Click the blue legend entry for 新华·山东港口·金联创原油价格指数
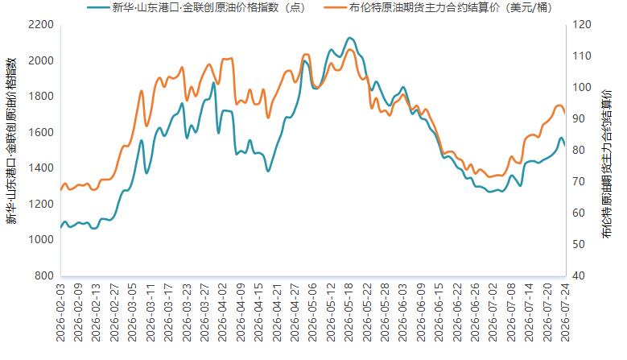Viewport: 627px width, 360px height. point(196,7)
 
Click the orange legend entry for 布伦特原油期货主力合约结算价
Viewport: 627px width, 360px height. point(438,7)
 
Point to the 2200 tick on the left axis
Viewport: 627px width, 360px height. point(41,25)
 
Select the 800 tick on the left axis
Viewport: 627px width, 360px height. point(44,275)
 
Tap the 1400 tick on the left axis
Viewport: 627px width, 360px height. point(41,168)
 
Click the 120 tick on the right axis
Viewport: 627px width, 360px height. point(582,25)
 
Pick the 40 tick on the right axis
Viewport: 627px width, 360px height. point(579,275)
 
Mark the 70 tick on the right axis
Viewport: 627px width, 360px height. point(579,181)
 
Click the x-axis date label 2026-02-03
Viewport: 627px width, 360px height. point(60,312)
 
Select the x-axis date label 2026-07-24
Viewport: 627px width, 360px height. point(565,312)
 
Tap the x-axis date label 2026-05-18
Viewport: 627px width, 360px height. point(349,312)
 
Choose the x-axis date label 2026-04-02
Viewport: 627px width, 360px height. point(223,312)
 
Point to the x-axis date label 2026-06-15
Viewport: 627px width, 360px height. point(439,312)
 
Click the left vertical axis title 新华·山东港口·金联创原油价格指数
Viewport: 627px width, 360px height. point(11,141)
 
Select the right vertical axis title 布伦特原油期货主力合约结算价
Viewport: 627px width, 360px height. point(608,164)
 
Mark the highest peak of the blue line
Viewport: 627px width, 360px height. point(349,38)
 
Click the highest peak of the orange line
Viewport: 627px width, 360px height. point(349,50)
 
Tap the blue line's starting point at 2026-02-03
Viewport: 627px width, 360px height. point(61,228)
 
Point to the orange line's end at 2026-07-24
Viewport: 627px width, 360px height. point(564,114)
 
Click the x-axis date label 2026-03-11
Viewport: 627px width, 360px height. point(151,312)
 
